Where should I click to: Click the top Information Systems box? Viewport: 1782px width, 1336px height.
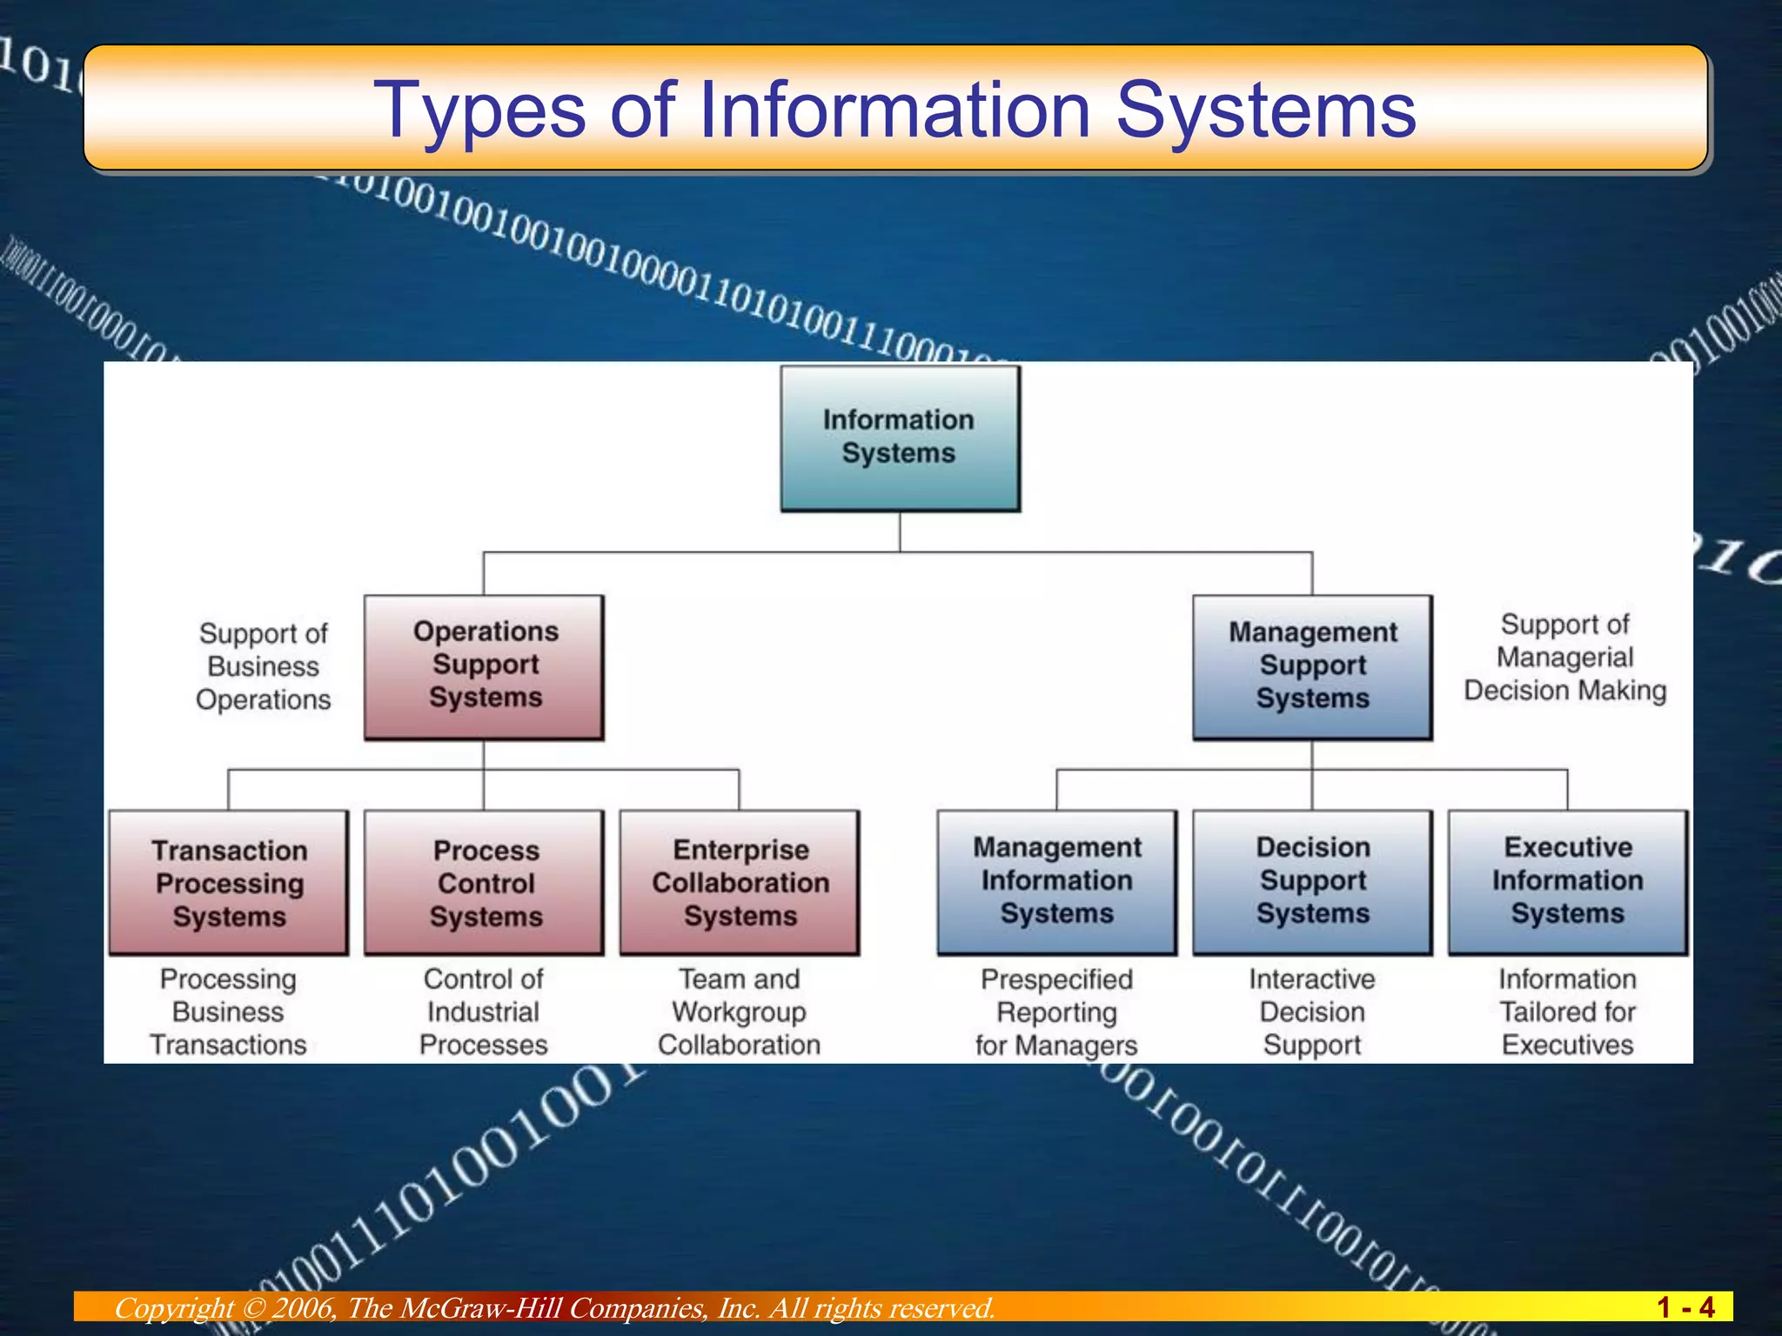click(900, 438)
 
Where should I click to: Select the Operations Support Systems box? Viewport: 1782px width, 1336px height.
click(484, 666)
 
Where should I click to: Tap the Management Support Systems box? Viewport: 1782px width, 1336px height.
click(1312, 666)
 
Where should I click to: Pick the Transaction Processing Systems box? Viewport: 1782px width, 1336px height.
click(229, 883)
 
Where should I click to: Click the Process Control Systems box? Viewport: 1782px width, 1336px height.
click(484, 883)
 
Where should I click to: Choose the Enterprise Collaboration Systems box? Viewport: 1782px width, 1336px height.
click(740, 883)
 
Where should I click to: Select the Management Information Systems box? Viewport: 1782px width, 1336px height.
click(1056, 881)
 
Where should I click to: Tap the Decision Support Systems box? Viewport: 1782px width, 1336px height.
click(1312, 881)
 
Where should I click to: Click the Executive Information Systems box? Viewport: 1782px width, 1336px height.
click(1568, 881)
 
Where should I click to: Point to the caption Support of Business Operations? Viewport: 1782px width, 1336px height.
click(263, 666)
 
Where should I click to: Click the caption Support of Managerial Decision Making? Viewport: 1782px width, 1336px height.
click(1564, 658)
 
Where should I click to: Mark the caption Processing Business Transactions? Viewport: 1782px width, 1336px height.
click(228, 1012)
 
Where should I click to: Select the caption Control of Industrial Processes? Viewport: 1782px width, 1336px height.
click(484, 1012)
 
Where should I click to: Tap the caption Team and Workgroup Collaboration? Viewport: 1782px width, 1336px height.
click(740, 1012)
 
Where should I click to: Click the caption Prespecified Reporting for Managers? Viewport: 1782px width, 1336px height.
click(1056, 1012)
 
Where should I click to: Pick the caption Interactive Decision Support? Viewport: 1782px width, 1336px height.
click(1312, 1012)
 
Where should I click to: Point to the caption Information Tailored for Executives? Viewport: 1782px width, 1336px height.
click(1568, 1012)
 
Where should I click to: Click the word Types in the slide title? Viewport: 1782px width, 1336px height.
click(479, 111)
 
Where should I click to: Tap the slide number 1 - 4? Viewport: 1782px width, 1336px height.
click(1685, 1307)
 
